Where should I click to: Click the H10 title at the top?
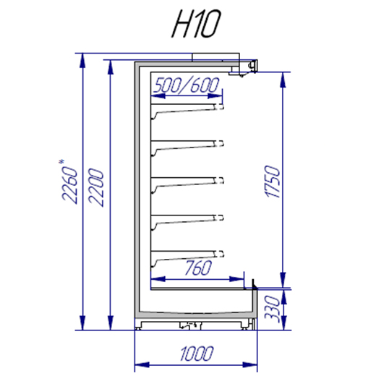196,24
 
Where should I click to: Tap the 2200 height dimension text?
96,187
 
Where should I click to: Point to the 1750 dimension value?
273,181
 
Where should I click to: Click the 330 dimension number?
273,309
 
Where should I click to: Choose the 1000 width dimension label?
197,354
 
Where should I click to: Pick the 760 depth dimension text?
198,268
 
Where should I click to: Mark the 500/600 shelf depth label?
187,85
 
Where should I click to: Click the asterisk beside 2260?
61,162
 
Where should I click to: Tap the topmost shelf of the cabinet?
187,110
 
